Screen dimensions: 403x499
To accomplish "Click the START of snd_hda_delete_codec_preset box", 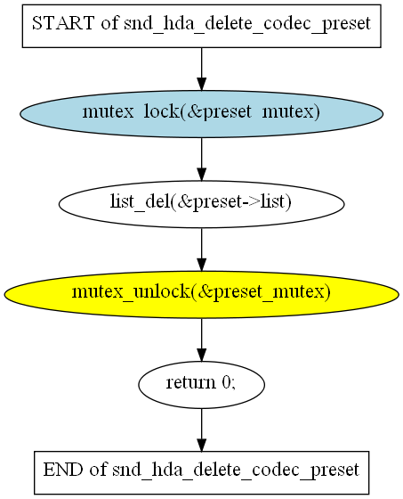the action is point(201,26).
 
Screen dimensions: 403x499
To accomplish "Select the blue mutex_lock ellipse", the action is point(201,114).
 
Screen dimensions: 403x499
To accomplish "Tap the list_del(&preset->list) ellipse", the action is point(201,204).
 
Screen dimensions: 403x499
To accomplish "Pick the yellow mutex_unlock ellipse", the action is point(201,294).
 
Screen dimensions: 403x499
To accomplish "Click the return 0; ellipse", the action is point(201,384).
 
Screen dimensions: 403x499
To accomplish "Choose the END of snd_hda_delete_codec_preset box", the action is point(201,472).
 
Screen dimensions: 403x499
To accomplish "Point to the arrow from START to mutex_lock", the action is point(201,70).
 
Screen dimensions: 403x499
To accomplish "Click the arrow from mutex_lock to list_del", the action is point(201,160).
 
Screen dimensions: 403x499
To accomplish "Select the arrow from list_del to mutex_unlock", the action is point(201,250).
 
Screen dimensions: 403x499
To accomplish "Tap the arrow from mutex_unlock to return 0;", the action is point(201,339).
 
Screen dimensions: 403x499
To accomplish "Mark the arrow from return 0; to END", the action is point(201,429).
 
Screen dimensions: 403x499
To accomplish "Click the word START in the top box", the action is point(63,23).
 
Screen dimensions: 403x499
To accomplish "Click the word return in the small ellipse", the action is point(190,382).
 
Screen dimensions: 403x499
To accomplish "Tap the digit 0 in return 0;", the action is point(227,382).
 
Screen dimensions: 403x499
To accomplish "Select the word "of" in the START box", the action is point(109,23).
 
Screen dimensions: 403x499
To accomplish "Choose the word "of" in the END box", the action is point(98,470).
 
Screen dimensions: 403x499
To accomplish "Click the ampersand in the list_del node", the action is point(184,201).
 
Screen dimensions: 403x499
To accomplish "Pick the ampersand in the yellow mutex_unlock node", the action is point(204,292).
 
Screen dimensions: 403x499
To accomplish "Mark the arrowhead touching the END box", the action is point(201,445).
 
